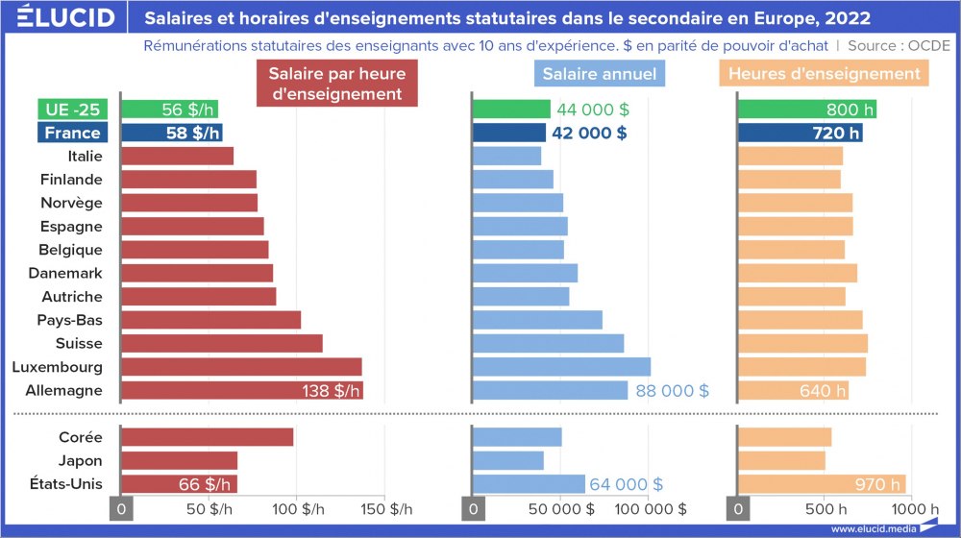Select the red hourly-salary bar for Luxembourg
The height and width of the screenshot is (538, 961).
coord(240,367)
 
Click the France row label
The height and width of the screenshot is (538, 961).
coord(72,133)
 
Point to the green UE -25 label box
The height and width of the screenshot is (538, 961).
coord(72,110)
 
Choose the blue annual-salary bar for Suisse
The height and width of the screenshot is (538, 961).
coord(549,343)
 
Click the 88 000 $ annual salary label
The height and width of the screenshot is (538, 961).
coord(673,390)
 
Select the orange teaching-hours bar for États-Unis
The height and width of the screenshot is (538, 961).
coord(822,483)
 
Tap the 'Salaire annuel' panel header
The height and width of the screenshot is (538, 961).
coord(600,74)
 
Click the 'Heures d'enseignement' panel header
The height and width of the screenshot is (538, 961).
coord(824,74)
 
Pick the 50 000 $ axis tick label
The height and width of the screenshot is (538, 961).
coord(563,508)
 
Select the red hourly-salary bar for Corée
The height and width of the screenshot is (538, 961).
coord(208,437)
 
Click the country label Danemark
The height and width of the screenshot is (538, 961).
coord(71,273)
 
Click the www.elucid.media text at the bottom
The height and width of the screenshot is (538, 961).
coord(872,528)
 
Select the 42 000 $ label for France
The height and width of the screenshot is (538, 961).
coord(588,133)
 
